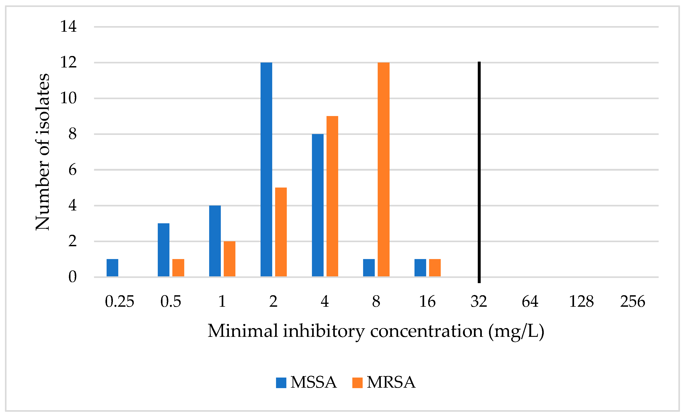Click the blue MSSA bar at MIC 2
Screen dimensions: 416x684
[266, 169]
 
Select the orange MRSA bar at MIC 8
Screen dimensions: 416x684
[383, 169]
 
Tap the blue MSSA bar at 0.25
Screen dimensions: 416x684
[112, 268]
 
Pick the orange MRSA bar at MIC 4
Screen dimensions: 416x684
[332, 196]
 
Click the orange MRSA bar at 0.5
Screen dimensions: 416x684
[178, 268]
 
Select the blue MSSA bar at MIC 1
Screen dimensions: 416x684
[215, 241]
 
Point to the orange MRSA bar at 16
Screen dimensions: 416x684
[435, 268]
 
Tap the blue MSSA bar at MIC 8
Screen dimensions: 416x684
[369, 268]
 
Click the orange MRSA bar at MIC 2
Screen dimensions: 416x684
[281, 232]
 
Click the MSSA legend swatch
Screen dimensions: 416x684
[281, 383]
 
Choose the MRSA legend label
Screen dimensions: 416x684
[391, 383]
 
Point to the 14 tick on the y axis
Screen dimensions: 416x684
[68, 27]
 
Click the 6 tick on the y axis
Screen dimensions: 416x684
[72, 170]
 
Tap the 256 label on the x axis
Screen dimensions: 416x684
[633, 302]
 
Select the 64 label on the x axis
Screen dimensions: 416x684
[530, 302]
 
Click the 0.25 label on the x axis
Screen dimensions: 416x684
[119, 302]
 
